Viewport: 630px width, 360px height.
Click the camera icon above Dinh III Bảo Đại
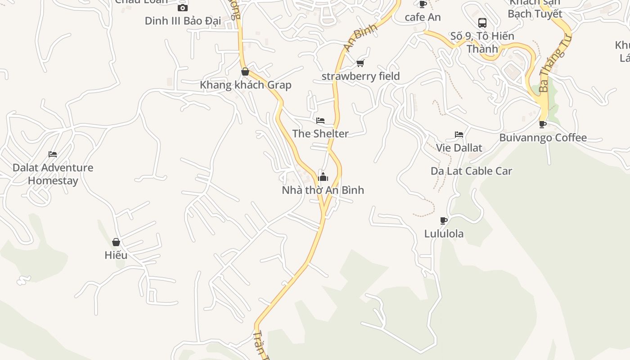182,8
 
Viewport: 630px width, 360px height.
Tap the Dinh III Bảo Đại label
182,21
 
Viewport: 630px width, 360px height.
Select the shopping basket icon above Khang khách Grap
245,72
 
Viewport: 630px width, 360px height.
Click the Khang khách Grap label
245,85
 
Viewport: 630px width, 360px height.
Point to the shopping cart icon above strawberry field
360,63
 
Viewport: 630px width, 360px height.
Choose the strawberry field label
360,76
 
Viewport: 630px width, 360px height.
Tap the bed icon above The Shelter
320,121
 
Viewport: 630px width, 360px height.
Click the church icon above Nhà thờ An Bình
323,177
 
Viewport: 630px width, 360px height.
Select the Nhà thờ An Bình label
323,190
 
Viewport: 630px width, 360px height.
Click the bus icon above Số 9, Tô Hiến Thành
482,23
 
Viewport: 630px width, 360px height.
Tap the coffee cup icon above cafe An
423,4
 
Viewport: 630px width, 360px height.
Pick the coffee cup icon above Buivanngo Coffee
543,124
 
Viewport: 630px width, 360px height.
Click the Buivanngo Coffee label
543,138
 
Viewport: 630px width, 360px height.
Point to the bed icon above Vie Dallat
459,135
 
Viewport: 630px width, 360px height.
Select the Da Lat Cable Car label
471,171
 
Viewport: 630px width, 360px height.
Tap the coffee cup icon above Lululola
444,220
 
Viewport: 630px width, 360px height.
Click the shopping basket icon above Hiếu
116,242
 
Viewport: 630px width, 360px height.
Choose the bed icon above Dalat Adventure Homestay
53,154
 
